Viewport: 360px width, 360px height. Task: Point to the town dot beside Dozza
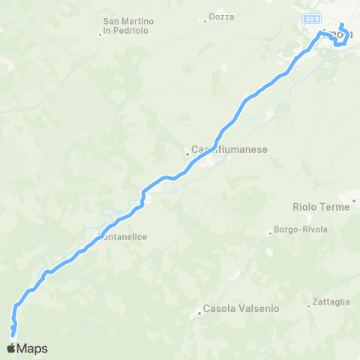[x=205, y=20]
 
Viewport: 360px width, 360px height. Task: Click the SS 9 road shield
[x=311, y=16]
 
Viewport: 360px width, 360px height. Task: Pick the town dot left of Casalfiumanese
[x=187, y=155]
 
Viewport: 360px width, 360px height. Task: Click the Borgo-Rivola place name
[x=301, y=229]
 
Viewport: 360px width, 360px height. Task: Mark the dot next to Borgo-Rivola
[x=270, y=232]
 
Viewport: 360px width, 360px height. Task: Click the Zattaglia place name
[x=331, y=301]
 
